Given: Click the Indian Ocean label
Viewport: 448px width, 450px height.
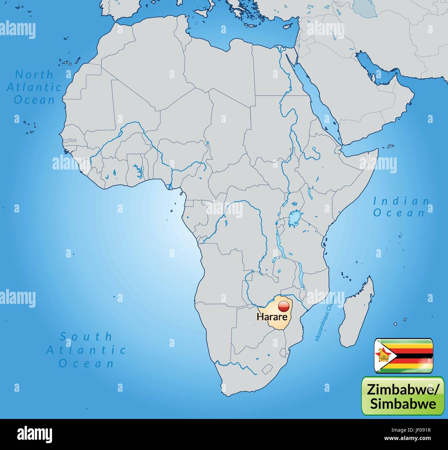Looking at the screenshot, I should [x=401, y=207].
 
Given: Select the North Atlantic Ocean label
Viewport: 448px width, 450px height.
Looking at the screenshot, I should [x=34, y=87].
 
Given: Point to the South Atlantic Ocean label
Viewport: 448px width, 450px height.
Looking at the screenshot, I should [x=86, y=349].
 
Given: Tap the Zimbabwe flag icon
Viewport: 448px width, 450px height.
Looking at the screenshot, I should [x=404, y=356].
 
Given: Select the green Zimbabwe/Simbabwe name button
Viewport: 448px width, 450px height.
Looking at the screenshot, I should [x=403, y=396].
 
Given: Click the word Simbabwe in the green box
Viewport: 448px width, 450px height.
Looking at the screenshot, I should [x=403, y=403].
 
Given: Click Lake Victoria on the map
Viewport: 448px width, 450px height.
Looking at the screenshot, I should [x=294, y=219].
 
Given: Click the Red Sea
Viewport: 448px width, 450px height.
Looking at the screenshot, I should [x=317, y=100].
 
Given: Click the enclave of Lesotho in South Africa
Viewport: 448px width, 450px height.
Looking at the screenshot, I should [x=267, y=369].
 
